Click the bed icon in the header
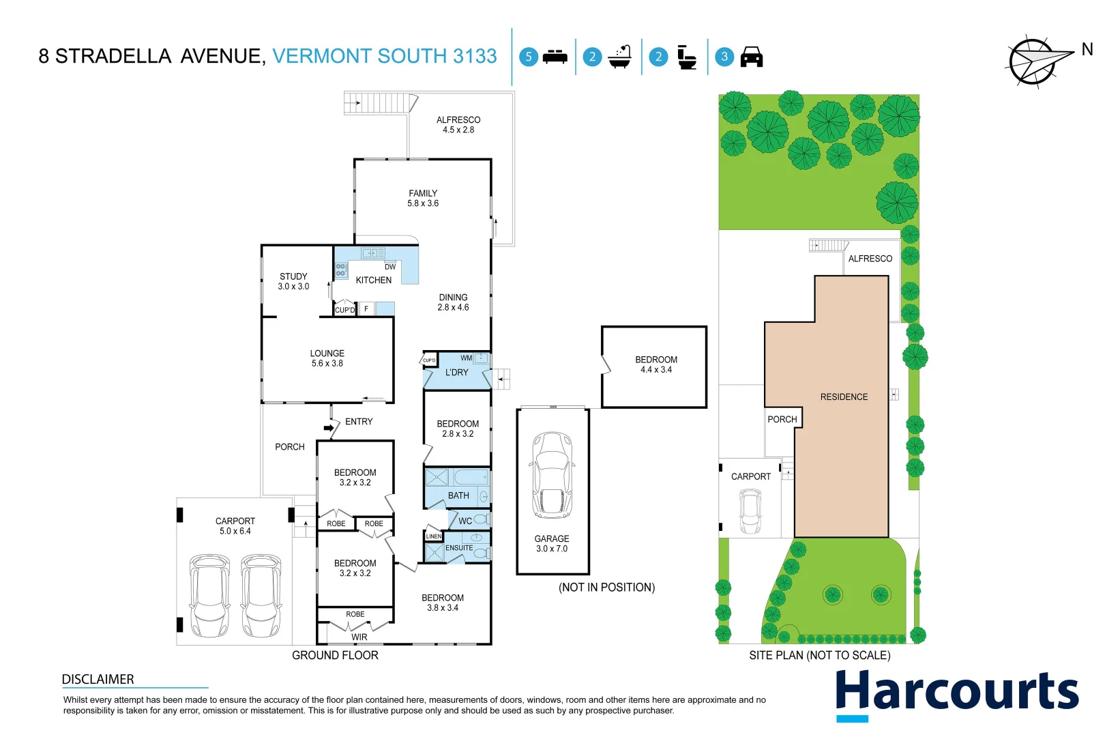[555, 57]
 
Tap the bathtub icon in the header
[620, 57]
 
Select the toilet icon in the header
[687, 57]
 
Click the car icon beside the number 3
[751, 57]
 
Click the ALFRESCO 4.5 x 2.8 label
[458, 124]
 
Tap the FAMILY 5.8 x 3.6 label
[423, 198]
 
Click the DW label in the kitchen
[390, 267]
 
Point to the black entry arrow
[330, 429]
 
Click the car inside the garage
[552, 476]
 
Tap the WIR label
[359, 637]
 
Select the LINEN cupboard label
[434, 536]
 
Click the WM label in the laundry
[466, 358]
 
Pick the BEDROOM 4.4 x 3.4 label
[655, 364]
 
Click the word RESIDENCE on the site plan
[844, 396]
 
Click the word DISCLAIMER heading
[98, 679]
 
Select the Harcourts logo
[956, 693]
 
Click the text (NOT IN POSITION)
[606, 587]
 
